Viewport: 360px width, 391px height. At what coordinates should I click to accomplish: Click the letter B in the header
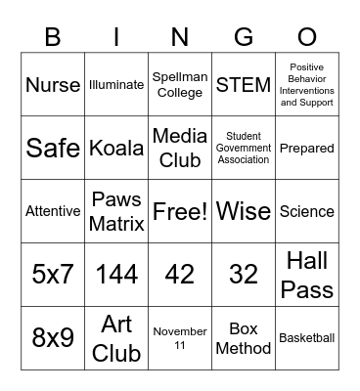[53, 37]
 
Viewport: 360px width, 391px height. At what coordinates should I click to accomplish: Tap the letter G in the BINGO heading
[244, 37]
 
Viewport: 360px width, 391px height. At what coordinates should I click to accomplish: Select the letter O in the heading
[307, 37]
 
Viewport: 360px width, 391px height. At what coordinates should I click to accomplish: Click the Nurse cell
[53, 85]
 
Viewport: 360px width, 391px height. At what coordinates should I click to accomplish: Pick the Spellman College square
[180, 85]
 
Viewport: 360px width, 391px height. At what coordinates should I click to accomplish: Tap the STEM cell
[244, 85]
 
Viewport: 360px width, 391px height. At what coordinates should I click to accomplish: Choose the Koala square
[116, 149]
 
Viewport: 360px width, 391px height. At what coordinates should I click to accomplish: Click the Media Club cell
[180, 149]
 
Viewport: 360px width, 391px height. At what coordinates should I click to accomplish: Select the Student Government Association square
[244, 149]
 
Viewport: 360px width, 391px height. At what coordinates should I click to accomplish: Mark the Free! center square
[180, 211]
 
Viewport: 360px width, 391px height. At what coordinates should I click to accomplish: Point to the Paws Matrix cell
[116, 211]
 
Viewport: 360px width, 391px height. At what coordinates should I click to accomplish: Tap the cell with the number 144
[116, 275]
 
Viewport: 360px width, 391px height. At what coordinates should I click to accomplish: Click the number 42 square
[180, 275]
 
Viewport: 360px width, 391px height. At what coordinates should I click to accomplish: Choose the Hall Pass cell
[307, 275]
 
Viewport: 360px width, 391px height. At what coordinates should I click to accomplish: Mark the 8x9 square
[53, 338]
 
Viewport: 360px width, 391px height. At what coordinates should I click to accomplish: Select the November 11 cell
[180, 338]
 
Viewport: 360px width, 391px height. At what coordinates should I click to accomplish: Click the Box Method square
[244, 338]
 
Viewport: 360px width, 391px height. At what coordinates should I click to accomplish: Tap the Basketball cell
[307, 338]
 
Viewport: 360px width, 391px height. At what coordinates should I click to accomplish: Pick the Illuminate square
[116, 85]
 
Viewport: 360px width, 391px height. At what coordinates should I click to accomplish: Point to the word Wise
[244, 211]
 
